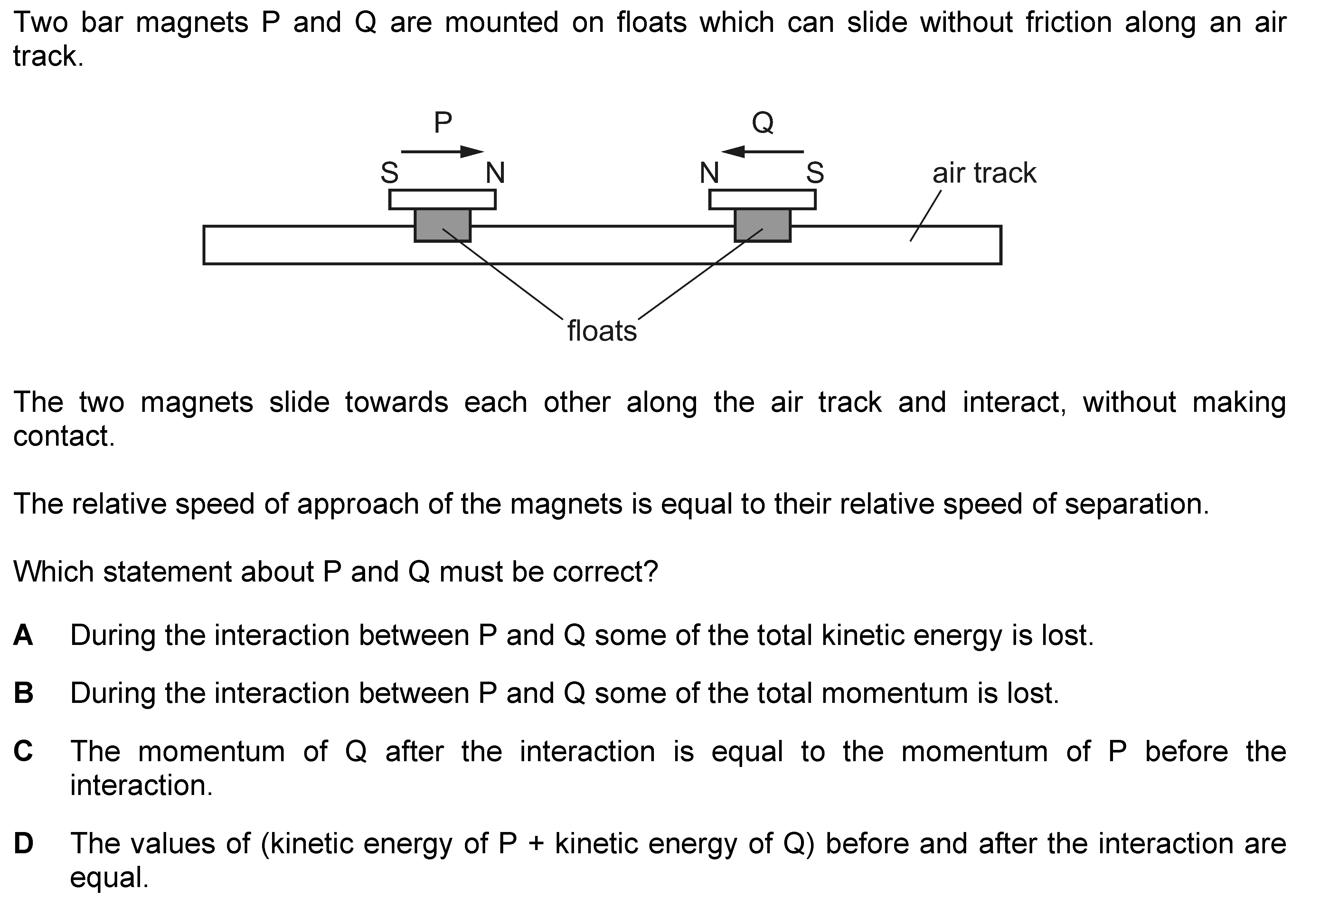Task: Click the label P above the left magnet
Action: (x=442, y=122)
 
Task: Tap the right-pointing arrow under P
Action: (x=442, y=152)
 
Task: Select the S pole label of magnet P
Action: (x=390, y=173)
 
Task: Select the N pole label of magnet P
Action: (x=495, y=173)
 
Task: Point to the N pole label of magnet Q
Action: (x=709, y=173)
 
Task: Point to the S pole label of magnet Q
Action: (x=815, y=173)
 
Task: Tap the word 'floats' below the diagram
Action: (x=602, y=331)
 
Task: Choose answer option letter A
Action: (x=23, y=635)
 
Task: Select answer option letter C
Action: (x=23, y=751)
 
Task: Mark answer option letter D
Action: (x=23, y=843)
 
